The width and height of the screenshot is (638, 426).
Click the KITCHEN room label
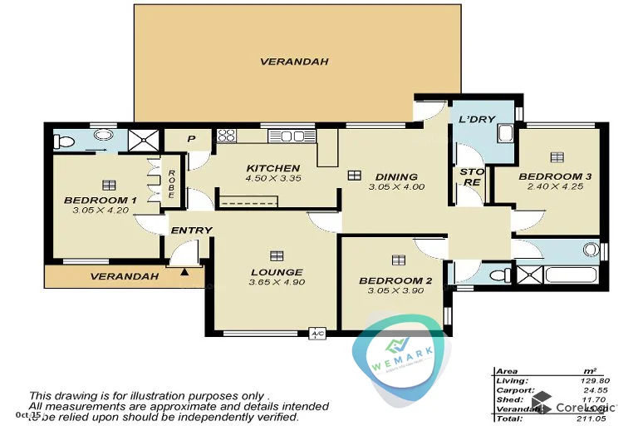[272, 168]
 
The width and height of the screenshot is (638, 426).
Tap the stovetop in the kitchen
[226, 135]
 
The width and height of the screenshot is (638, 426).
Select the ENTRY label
[191, 230]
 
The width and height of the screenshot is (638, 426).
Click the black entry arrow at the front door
[184, 270]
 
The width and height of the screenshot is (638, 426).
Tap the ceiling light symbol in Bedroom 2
[398, 260]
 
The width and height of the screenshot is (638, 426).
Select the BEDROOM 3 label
[555, 176]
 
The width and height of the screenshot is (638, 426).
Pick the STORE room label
[472, 176]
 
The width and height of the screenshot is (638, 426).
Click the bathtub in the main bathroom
[572, 275]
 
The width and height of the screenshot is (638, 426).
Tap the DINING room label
[396, 176]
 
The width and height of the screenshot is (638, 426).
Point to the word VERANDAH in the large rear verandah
[294, 62]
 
